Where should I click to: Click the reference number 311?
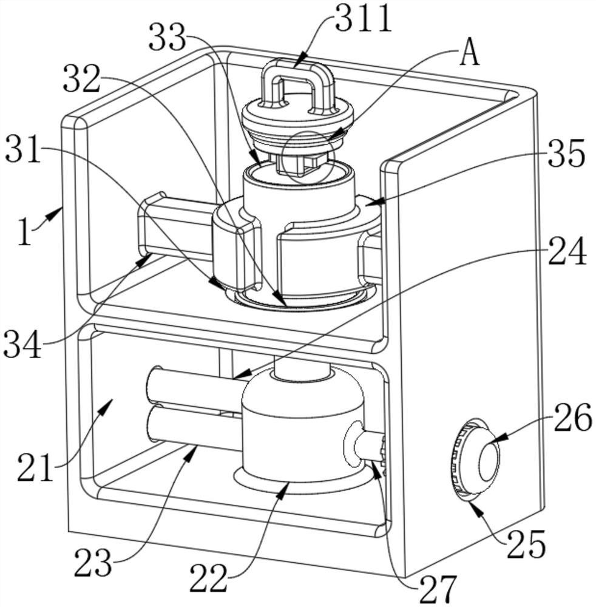click(x=364, y=18)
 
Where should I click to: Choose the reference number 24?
click(x=567, y=251)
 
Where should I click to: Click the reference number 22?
click(x=208, y=578)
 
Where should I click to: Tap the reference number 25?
click(x=526, y=544)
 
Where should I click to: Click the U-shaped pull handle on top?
click(x=297, y=83)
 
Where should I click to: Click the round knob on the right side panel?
click(x=476, y=458)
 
